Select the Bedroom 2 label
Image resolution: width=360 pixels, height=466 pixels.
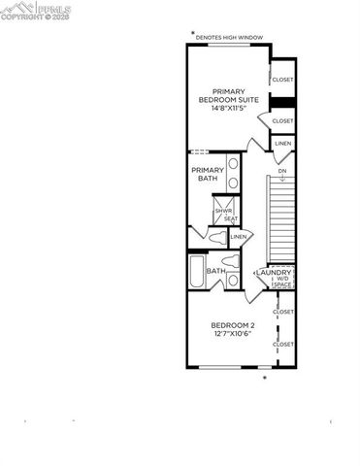pyautogui.click(x=233, y=324)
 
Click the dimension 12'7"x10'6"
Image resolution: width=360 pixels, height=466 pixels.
pyautogui.click(x=233, y=334)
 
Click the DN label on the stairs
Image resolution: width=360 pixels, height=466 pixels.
pyautogui.click(x=281, y=171)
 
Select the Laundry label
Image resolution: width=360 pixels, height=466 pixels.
pyautogui.click(x=275, y=273)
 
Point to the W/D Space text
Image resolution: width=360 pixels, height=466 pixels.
pyautogui.click(x=281, y=283)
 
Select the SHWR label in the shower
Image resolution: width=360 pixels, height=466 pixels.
pyautogui.click(x=223, y=210)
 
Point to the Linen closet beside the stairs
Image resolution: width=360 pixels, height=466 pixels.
pyautogui.click(x=282, y=144)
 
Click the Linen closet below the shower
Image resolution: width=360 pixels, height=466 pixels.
pyautogui.click(x=238, y=236)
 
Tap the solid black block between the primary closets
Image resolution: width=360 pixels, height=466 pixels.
pyautogui.click(x=282, y=102)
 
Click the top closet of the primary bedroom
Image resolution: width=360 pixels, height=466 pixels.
pyautogui.click(x=282, y=80)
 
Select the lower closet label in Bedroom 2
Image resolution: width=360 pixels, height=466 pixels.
pyautogui.click(x=283, y=344)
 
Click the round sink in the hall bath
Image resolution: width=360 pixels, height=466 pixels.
pyautogui.click(x=234, y=281)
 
